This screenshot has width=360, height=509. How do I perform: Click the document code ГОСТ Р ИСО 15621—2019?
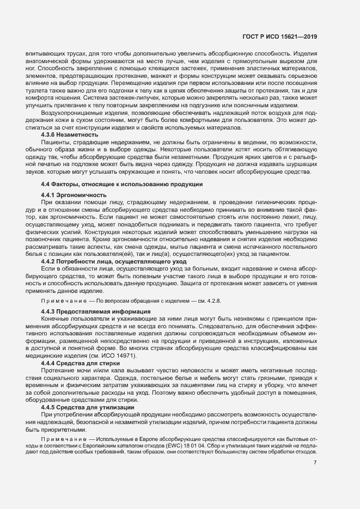[x=279, y=36]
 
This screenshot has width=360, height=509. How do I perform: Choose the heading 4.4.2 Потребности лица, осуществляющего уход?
[x=99, y=261]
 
